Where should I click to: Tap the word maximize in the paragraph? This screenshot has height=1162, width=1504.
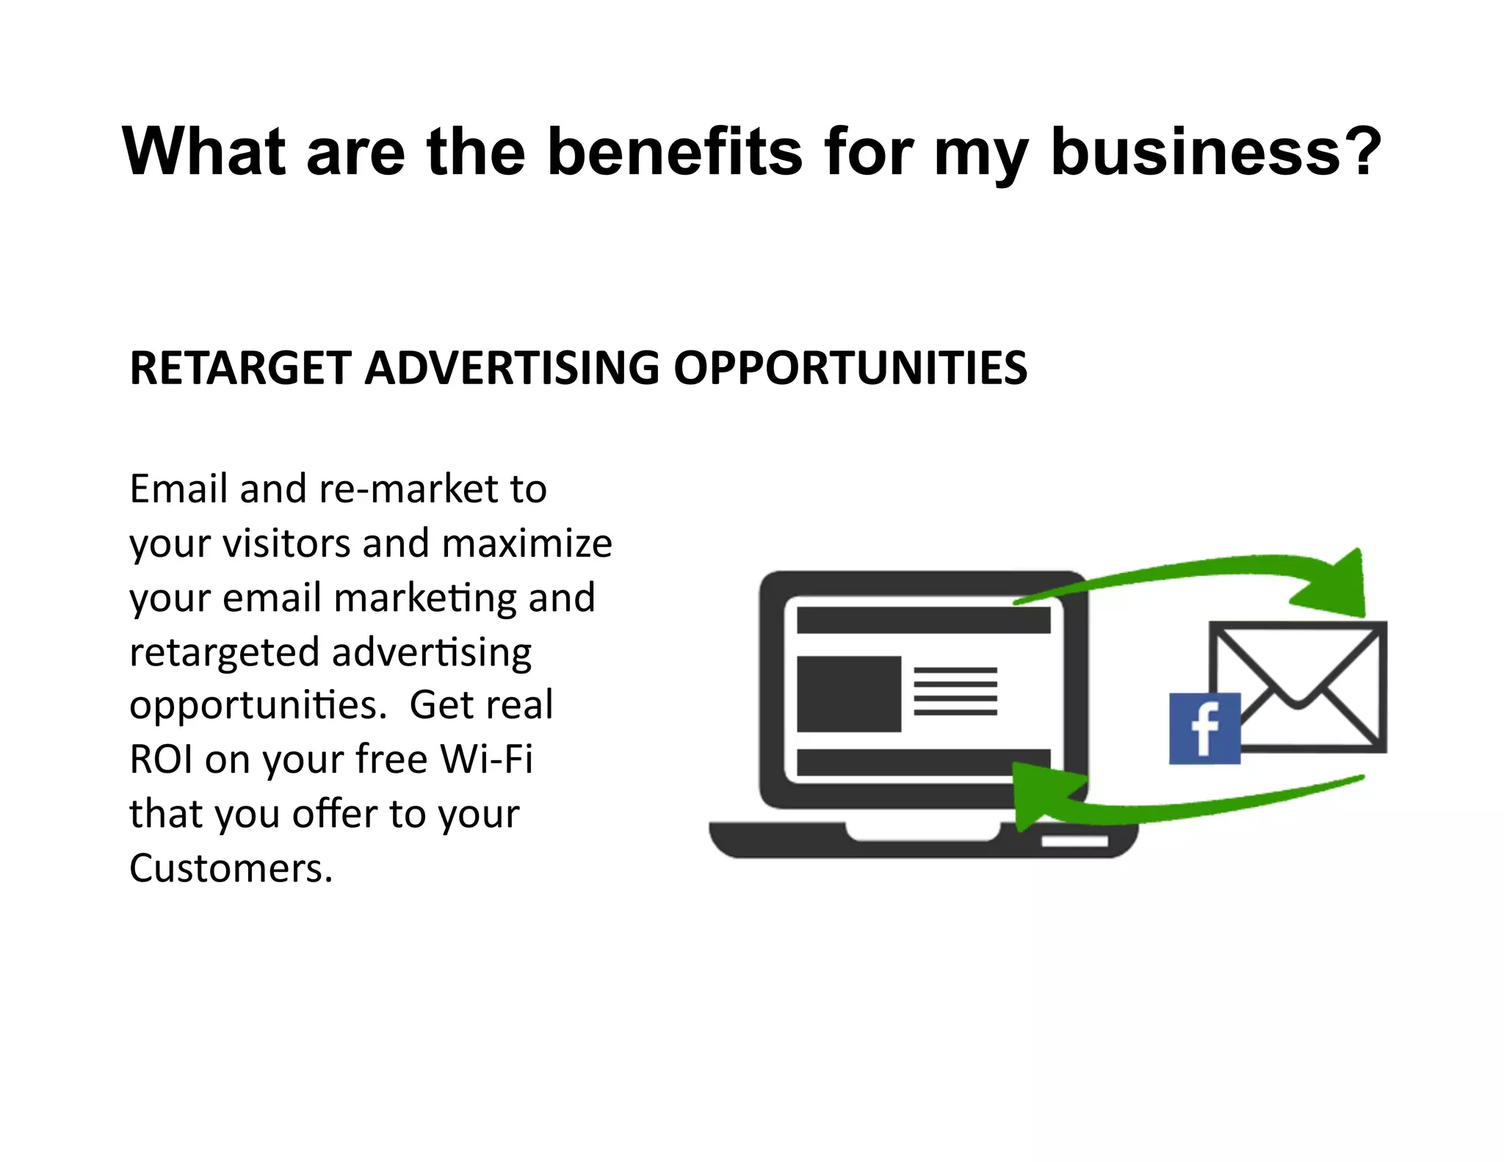[x=527, y=543]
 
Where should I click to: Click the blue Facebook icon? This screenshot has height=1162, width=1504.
[x=1204, y=728]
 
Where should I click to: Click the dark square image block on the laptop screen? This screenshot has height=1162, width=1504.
[x=848, y=693]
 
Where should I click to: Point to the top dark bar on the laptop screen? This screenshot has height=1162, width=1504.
[x=923, y=620]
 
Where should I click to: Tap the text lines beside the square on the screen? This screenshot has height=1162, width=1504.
[x=955, y=691]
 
